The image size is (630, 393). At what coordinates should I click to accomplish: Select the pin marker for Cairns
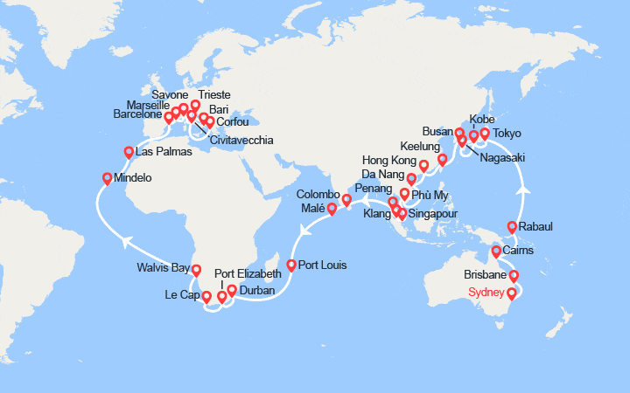pos(497,253)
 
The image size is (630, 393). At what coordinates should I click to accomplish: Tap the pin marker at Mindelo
pos(108,179)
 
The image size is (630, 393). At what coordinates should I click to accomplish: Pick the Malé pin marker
pos(332,208)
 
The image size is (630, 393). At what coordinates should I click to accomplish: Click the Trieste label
pos(215,94)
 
